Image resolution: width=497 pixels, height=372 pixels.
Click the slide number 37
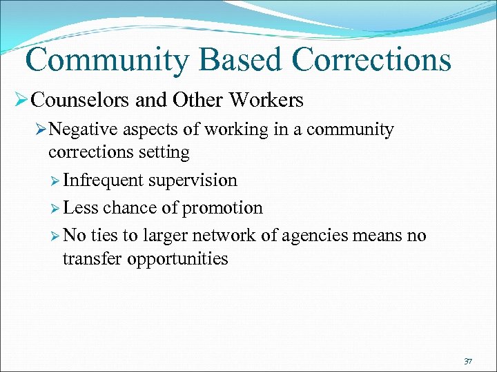(x=467, y=361)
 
